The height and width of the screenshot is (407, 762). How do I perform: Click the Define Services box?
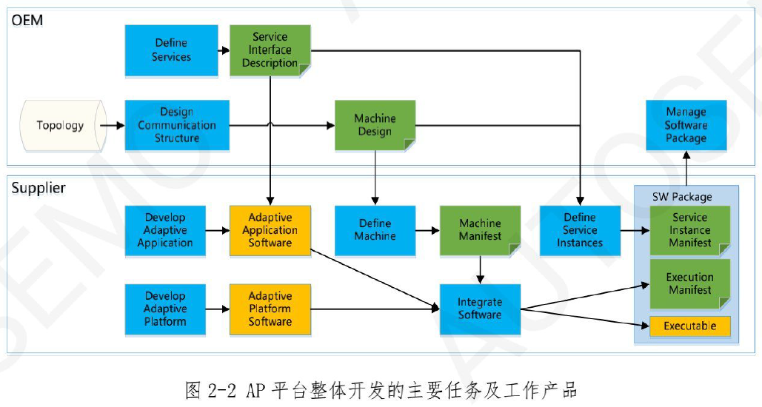pyautogui.click(x=171, y=50)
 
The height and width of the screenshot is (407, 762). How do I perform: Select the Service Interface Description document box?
pyautogui.click(x=270, y=50)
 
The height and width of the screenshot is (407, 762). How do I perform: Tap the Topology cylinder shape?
pyautogui.click(x=61, y=125)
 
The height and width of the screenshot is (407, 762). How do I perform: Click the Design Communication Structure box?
pyautogui.click(x=177, y=125)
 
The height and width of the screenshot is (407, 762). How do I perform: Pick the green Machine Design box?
pyautogui.click(x=375, y=125)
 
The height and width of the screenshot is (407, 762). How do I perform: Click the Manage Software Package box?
pyautogui.click(x=686, y=125)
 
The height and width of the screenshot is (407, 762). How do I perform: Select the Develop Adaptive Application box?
pyautogui.click(x=165, y=230)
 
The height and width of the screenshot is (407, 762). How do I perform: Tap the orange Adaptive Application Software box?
pyautogui.click(x=270, y=230)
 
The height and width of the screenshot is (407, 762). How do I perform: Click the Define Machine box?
pyautogui.click(x=375, y=230)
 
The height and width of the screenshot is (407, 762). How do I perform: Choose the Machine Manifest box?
pyautogui.click(x=480, y=230)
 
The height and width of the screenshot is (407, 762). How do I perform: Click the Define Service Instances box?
pyautogui.click(x=580, y=230)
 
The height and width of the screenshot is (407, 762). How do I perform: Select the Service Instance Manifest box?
pyautogui.click(x=689, y=230)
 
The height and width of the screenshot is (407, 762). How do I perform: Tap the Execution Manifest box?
pyautogui.click(x=689, y=283)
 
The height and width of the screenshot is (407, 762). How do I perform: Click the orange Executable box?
pyautogui.click(x=689, y=326)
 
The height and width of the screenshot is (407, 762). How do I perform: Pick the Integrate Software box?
pyautogui.click(x=480, y=309)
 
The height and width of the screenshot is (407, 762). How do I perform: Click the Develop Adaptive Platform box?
pyautogui.click(x=165, y=309)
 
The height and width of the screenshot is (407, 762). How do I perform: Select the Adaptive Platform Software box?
pyautogui.click(x=270, y=309)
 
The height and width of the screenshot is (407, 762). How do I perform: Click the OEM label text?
pyautogui.click(x=27, y=20)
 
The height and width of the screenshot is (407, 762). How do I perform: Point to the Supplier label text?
pyautogui.click(x=39, y=188)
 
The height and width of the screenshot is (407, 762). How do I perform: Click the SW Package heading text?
pyautogui.click(x=681, y=197)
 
